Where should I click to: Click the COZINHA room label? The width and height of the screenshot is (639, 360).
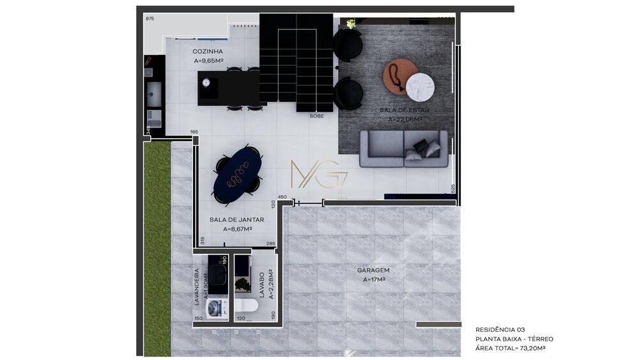(208, 51)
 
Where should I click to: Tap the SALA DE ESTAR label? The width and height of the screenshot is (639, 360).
(404, 110)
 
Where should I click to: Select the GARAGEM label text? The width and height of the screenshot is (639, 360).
(373, 270)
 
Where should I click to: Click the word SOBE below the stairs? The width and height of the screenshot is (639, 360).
(316, 116)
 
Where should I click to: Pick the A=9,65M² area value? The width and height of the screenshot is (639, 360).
(208, 61)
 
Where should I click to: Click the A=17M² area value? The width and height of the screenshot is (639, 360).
(373, 279)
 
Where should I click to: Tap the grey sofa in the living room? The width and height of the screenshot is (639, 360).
(403, 148)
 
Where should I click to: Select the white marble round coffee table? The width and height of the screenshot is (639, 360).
(420, 86)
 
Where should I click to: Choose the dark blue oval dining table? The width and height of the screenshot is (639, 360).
(237, 173)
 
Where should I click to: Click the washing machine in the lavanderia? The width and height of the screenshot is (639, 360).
(219, 307)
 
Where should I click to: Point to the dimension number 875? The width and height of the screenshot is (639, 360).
(150, 19)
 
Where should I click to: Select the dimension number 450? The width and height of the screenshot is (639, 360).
(282, 197)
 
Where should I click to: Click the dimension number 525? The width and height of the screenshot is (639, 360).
(452, 189)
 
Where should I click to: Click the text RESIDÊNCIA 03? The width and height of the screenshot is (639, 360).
(500, 329)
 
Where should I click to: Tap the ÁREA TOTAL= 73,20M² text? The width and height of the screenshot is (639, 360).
(514, 348)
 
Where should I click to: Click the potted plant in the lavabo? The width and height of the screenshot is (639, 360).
(243, 285)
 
